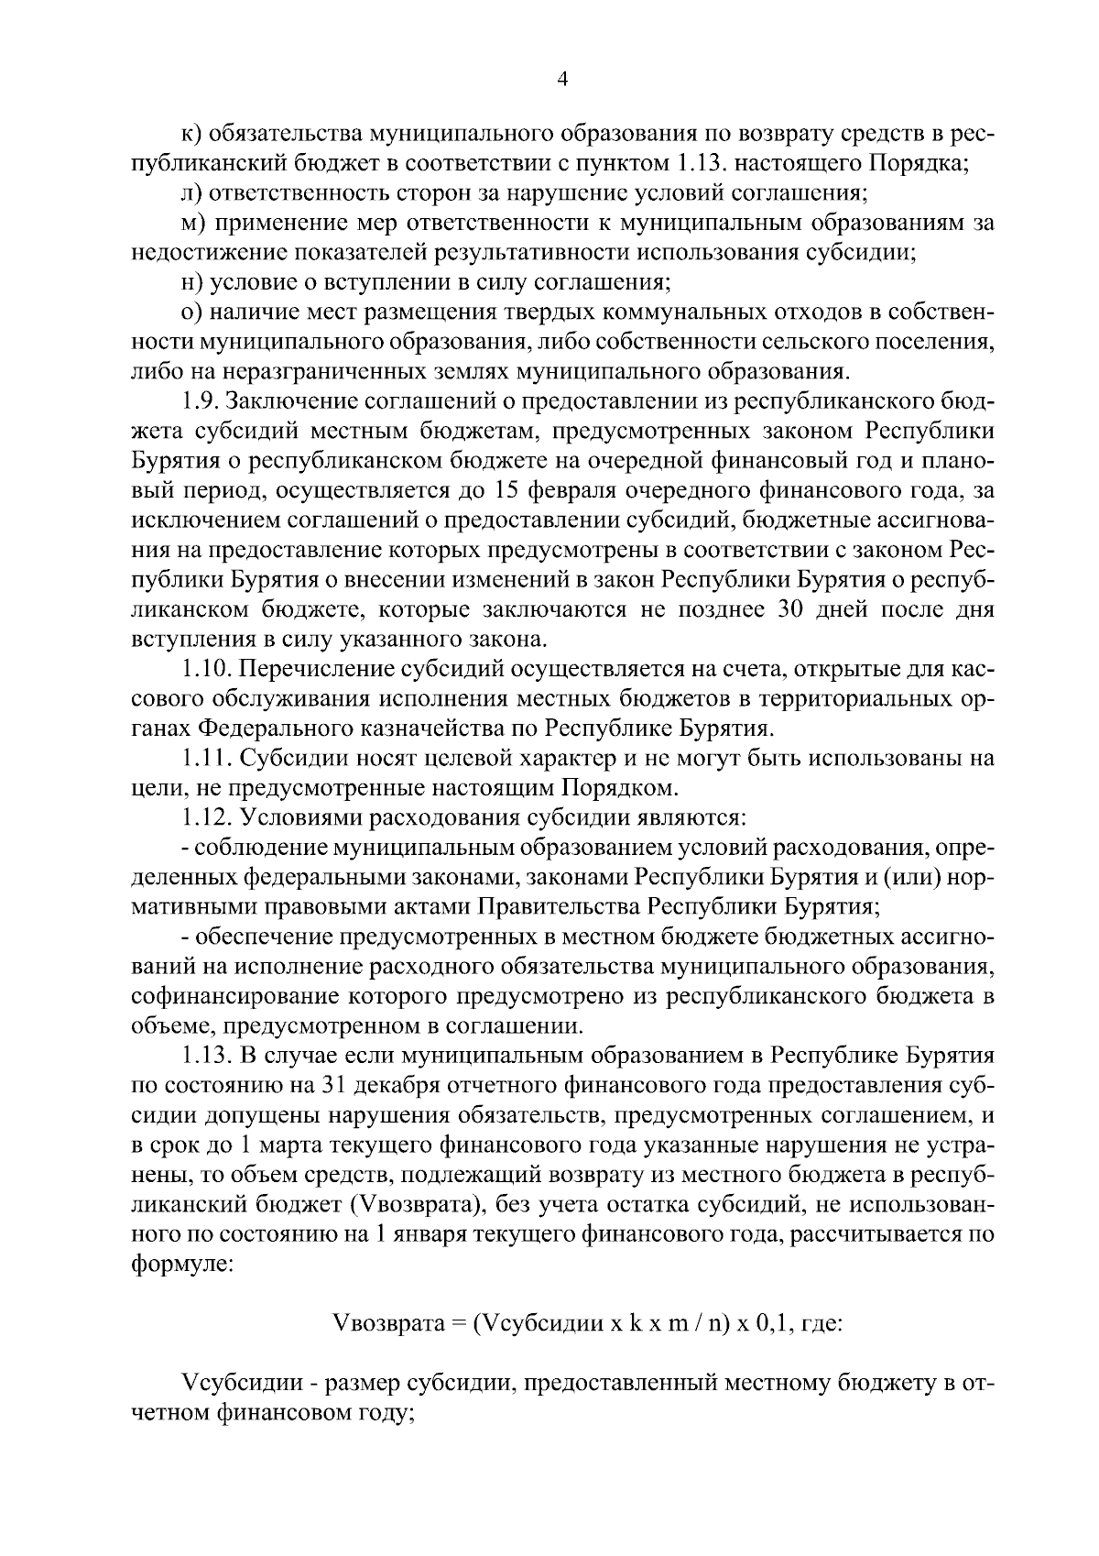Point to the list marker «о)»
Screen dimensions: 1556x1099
click(191, 312)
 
